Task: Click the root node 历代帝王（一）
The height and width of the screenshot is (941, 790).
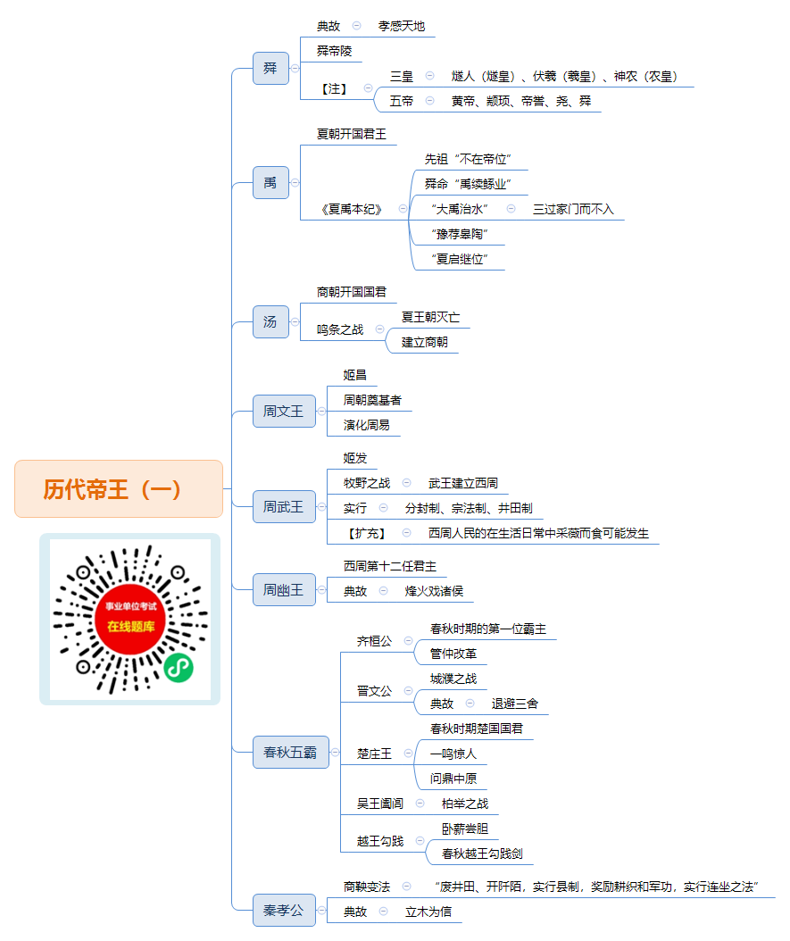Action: (119, 488)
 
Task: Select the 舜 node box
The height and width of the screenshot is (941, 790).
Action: (270, 69)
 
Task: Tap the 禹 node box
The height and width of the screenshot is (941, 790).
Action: (270, 182)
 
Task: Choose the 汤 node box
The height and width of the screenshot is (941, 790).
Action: (270, 322)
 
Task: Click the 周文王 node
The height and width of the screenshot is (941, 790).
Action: (284, 411)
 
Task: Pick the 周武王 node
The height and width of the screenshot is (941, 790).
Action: (284, 507)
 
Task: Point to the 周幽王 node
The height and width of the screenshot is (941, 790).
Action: (284, 590)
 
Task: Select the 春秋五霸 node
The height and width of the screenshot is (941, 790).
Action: (291, 752)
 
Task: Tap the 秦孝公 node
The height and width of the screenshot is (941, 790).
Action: (284, 911)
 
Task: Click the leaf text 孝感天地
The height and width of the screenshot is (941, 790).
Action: (402, 27)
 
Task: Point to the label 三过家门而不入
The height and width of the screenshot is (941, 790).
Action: (573, 210)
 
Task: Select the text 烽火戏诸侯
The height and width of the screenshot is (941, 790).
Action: (434, 591)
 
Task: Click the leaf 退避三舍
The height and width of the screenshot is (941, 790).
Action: (515, 704)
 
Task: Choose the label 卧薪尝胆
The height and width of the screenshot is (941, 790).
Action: (465, 829)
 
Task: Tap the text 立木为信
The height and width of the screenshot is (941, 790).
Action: (428, 912)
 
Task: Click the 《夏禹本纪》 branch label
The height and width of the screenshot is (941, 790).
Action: (352, 210)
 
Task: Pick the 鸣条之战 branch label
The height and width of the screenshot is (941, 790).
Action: (340, 329)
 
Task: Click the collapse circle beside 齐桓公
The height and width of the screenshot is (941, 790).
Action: (409, 640)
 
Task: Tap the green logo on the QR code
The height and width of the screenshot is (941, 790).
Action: (179, 667)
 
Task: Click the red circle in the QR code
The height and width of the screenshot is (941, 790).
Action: (130, 619)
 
